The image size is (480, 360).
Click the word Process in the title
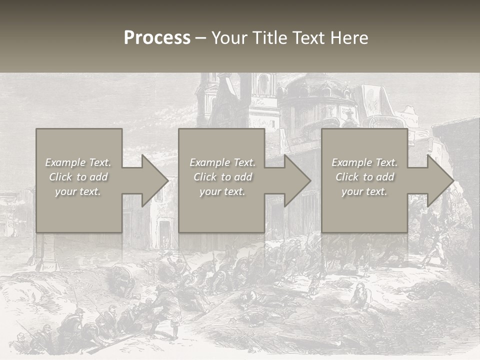[x=157, y=38]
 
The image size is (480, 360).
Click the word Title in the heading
[x=270, y=38]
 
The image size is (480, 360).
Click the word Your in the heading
[x=229, y=38]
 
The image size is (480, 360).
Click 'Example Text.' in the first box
[x=78, y=162]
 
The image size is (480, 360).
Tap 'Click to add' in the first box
[x=78, y=177]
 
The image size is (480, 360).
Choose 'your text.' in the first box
[x=78, y=191]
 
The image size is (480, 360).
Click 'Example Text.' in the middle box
[x=222, y=162]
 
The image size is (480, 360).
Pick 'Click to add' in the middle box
[x=222, y=177]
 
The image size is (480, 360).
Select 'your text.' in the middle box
[x=222, y=191]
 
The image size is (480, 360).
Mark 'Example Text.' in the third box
[x=364, y=162]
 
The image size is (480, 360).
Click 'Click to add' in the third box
[x=364, y=177]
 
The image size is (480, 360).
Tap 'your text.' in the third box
[x=364, y=191]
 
